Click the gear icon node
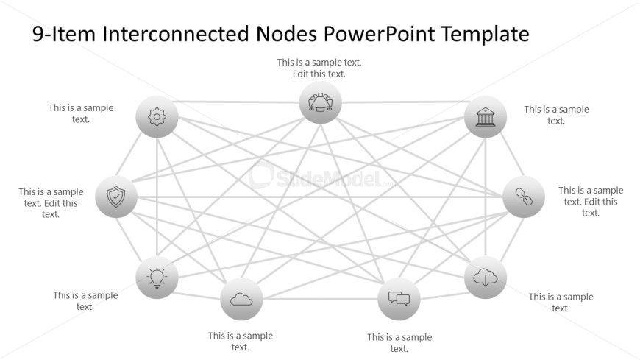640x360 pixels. [157, 117]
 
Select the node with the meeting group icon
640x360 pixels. [321, 102]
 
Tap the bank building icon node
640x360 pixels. [486, 117]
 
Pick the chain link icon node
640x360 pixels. [524, 197]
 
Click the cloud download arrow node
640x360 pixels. [486, 278]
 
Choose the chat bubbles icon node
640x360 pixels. [399, 299]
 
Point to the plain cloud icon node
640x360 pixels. [241, 299]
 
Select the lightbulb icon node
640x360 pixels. [157, 278]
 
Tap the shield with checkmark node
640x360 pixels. [116, 197]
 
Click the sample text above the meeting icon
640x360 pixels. [319, 68]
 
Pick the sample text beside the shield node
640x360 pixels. [51, 202]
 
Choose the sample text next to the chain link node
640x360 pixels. [591, 201]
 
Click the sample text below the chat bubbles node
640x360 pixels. [399, 343]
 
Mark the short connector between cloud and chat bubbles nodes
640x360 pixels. [320, 299]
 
